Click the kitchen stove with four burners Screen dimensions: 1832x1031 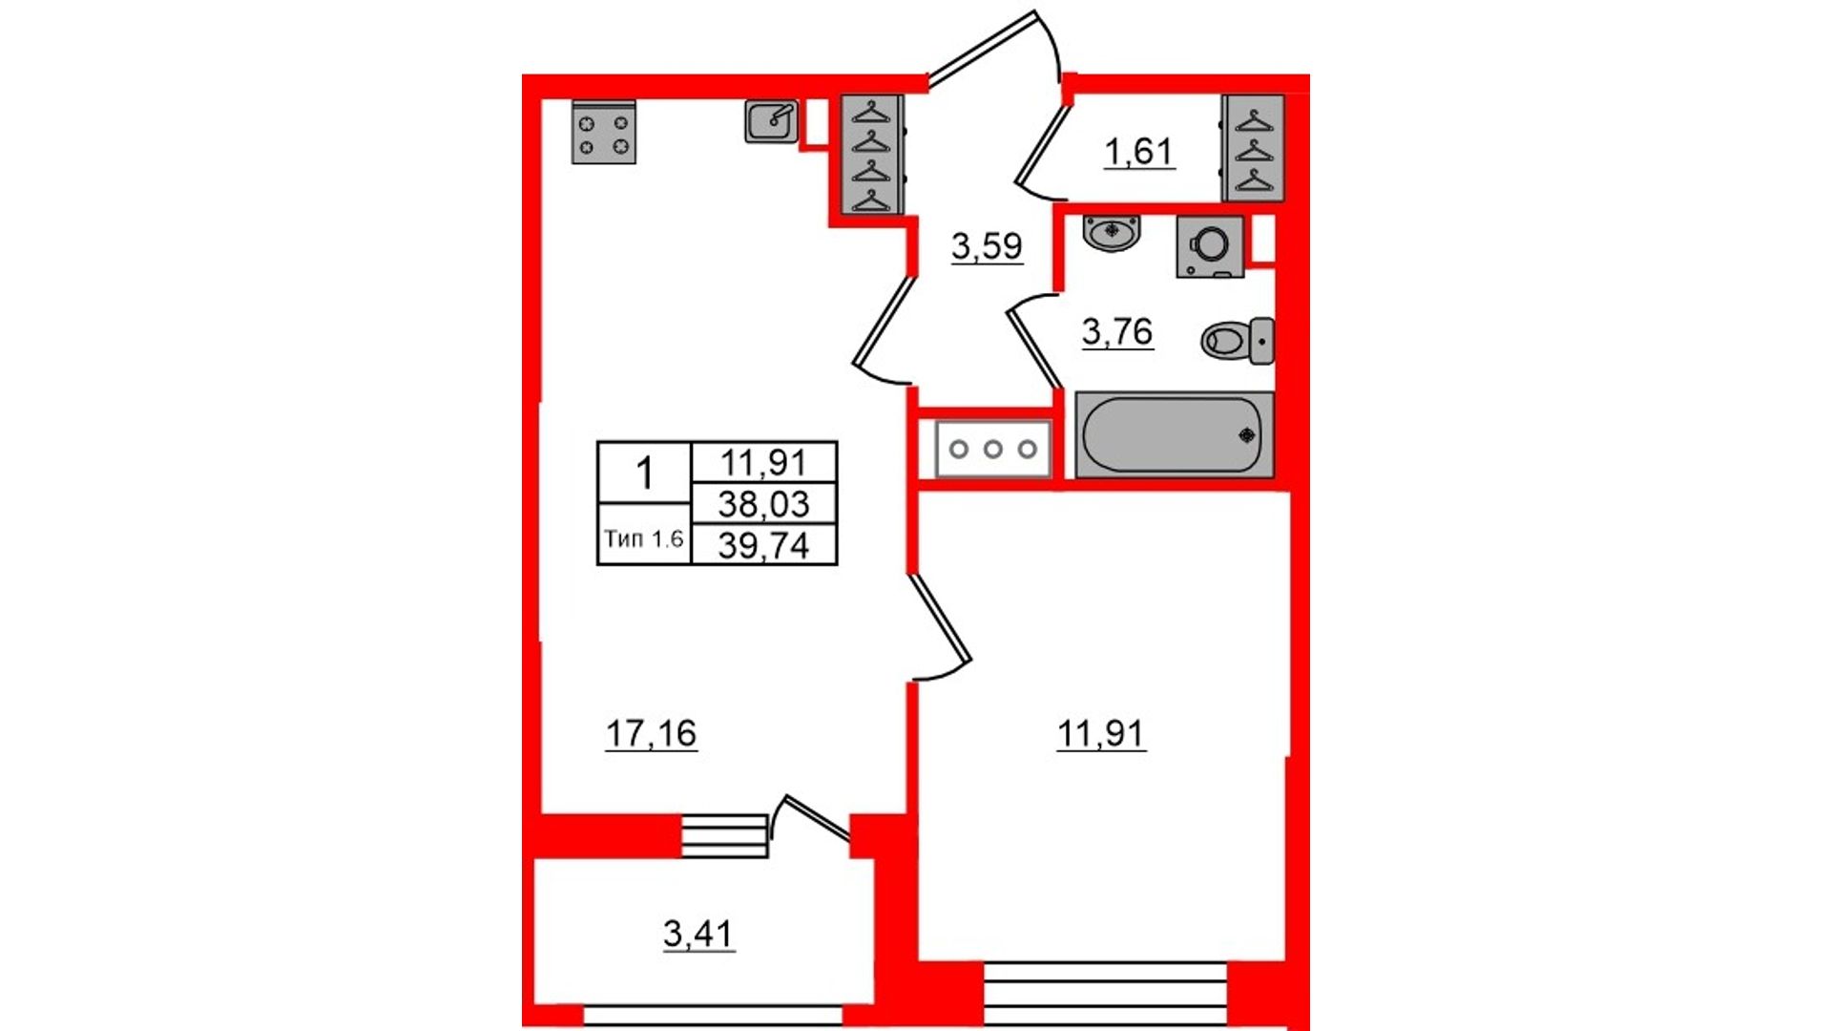point(603,132)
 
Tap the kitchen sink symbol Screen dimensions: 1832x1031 point(771,122)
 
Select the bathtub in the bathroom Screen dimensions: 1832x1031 point(1175,434)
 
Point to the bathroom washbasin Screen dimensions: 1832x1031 point(1112,233)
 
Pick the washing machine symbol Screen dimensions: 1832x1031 point(1210,246)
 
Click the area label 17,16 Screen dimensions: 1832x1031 point(651,733)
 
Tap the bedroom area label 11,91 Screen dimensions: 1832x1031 point(1101,733)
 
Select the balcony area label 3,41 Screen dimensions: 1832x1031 point(698,934)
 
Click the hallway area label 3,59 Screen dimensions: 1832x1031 point(987,246)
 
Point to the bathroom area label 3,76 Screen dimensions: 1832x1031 point(1117,332)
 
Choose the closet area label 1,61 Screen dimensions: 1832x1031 point(1138,152)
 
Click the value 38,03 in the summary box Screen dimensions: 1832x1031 point(763,503)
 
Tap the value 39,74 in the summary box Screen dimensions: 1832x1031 point(763,545)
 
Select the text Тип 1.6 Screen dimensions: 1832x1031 point(644,538)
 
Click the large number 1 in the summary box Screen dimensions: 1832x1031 point(645,473)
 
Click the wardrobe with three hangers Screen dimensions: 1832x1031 point(1254,148)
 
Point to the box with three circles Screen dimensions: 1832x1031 point(992,449)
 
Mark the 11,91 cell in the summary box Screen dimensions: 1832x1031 point(763,462)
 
